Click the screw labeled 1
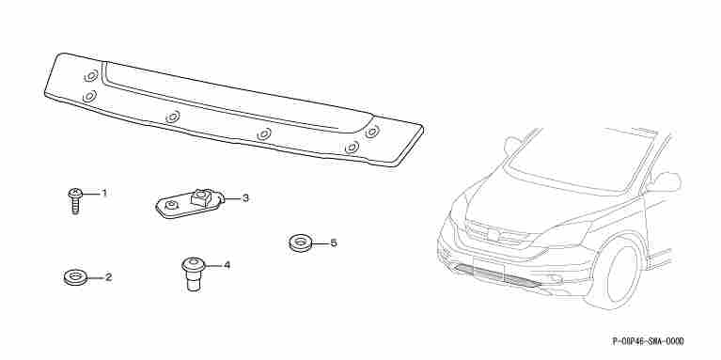(75, 200)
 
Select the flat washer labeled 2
(75, 277)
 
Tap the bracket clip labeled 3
(190, 203)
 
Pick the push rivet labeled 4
(193, 274)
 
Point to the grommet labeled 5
(301, 243)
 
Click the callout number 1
(104, 193)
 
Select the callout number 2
(108, 277)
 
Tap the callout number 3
(245, 198)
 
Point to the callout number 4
(227, 265)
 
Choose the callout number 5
(334, 243)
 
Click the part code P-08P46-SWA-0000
(649, 340)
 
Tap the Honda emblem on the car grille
(494, 235)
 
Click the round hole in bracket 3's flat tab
(171, 206)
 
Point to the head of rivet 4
(193, 264)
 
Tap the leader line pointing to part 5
(320, 243)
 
